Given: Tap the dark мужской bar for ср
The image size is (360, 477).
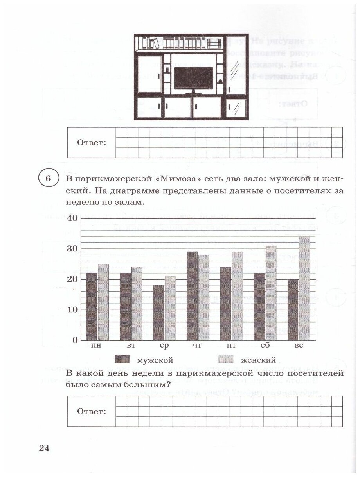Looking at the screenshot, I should [158, 313].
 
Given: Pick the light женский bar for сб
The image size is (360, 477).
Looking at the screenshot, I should [271, 293].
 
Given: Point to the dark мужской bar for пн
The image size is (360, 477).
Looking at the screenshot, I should [91, 307].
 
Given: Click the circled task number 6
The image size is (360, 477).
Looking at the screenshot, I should [48, 179].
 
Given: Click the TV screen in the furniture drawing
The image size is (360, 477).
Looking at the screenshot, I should [193, 78].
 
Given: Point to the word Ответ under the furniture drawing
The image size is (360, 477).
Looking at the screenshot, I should [92, 142].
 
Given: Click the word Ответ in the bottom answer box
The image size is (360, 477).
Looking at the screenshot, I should [92, 411].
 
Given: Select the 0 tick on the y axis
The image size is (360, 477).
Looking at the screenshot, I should [74, 340].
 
